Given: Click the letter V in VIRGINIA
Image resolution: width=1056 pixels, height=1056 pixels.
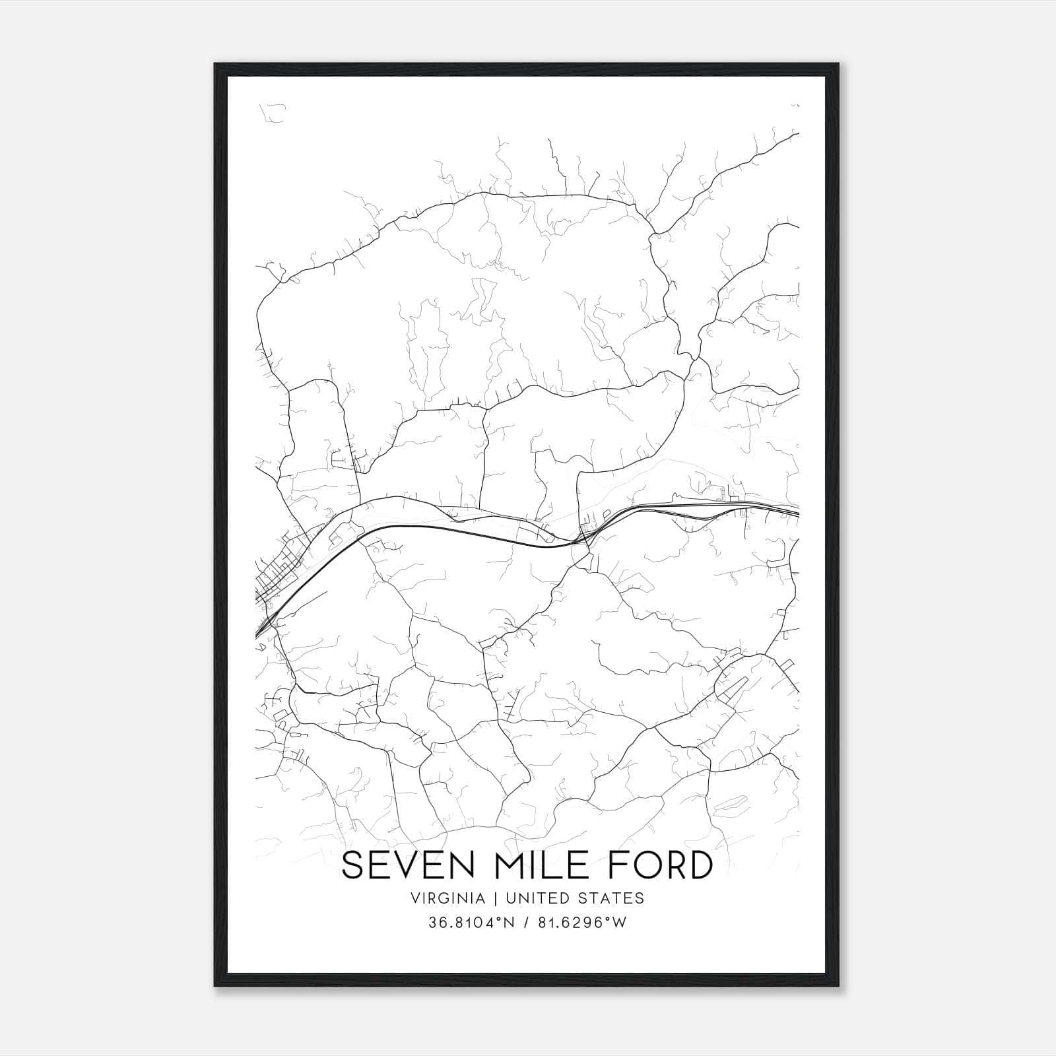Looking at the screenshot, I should click(x=414, y=898).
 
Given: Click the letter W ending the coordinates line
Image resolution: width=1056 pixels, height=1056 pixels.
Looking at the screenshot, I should click(x=620, y=923).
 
